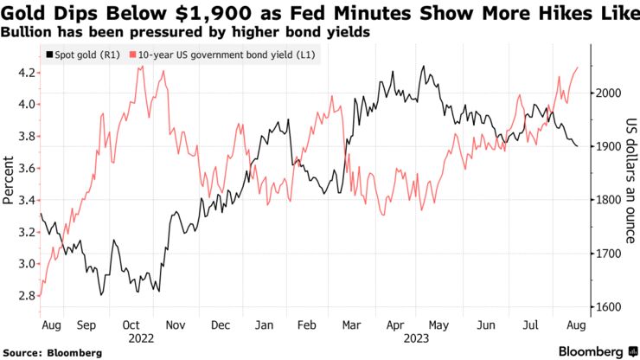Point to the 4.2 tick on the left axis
pyautogui.click(x=25, y=72)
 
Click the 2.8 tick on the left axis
pyautogui.click(x=25, y=296)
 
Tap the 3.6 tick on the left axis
pyautogui.click(x=25, y=168)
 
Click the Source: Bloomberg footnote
pyautogui.click(x=52, y=352)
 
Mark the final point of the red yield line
pyautogui.click(x=579, y=67)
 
